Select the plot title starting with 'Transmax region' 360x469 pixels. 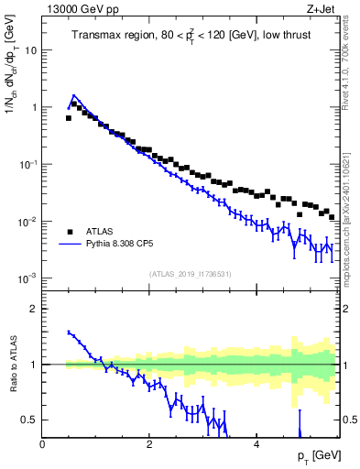(x=190, y=36)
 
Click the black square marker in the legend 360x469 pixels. (x=70, y=231)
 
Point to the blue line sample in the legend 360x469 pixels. (x=70, y=245)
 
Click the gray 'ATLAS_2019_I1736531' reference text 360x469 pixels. (x=190, y=274)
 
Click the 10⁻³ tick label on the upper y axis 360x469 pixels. (x=27, y=278)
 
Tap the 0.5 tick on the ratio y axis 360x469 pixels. (x=29, y=420)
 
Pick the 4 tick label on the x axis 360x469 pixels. (x=256, y=444)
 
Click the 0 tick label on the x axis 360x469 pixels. (x=42, y=444)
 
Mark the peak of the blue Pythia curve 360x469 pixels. (x=74, y=94)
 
